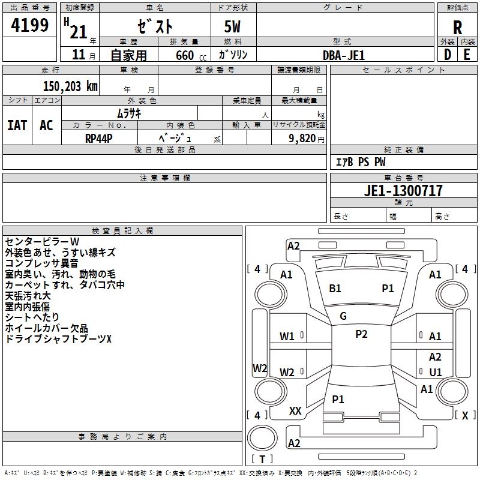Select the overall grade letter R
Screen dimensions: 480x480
tap(458, 28)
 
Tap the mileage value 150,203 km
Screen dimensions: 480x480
tap(70, 86)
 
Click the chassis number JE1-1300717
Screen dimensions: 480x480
tap(403, 191)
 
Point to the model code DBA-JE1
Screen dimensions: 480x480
tap(344, 55)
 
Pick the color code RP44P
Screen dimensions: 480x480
tap(99, 138)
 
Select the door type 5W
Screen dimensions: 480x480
tap(233, 28)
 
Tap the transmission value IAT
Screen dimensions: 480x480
tap(17, 125)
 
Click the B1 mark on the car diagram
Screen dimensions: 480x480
tap(335, 289)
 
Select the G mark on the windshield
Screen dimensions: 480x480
tap(343, 316)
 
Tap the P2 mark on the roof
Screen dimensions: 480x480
tap(361, 334)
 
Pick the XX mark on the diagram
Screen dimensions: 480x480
tap(295, 411)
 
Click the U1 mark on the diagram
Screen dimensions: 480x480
tap(436, 372)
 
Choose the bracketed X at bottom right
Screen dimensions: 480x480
tap(465, 415)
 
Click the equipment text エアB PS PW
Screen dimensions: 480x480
tap(360, 162)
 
